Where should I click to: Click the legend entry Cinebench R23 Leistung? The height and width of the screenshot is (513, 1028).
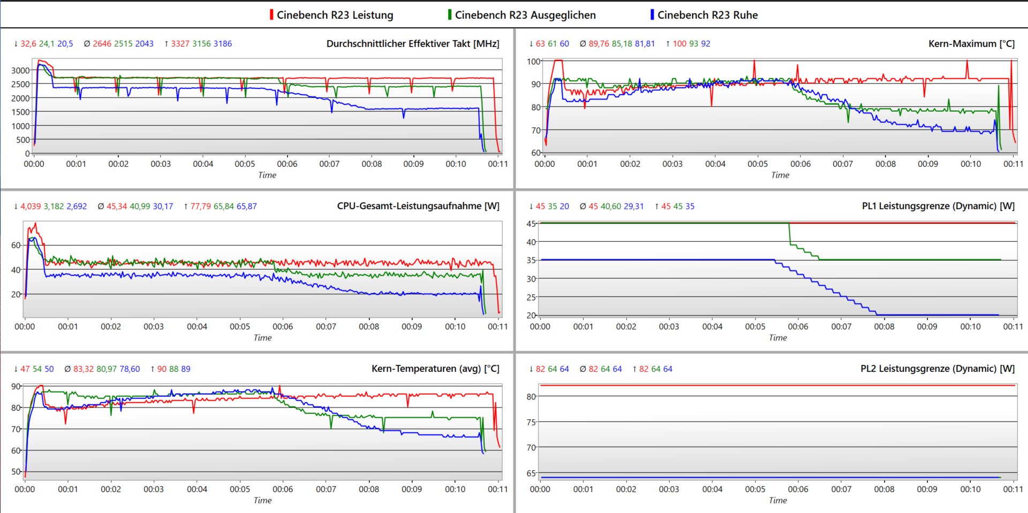point(335,15)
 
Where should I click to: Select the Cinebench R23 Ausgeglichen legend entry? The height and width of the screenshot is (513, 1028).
point(525,15)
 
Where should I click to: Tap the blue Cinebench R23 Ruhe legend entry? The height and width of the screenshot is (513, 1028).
point(707,15)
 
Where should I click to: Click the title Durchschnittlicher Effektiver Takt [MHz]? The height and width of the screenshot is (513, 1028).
point(413,44)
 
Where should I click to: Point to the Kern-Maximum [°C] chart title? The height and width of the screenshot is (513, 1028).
point(971,44)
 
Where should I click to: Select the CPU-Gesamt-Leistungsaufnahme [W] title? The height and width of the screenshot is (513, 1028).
point(418,206)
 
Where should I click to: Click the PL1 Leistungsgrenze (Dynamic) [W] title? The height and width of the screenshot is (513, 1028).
point(938,206)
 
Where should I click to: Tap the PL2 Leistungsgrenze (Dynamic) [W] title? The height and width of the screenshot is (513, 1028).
point(938,369)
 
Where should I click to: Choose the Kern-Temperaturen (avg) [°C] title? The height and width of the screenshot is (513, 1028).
point(435,369)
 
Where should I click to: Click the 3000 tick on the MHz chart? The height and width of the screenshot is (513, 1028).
point(20,70)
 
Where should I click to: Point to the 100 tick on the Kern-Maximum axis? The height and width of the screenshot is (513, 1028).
point(533,62)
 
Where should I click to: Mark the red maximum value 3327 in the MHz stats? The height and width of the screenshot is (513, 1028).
point(180,44)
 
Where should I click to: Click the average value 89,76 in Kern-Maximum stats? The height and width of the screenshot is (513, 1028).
point(599,44)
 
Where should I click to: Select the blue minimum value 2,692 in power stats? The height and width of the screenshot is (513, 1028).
point(77,206)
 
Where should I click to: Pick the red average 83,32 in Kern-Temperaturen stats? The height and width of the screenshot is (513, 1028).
point(84,369)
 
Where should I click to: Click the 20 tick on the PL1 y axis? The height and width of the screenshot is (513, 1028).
point(531,315)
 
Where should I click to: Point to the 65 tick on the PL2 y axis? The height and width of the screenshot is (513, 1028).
point(531,473)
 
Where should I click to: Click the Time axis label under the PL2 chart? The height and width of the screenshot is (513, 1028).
point(777,500)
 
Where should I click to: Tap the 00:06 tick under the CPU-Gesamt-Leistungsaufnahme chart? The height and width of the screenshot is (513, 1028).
point(283,326)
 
